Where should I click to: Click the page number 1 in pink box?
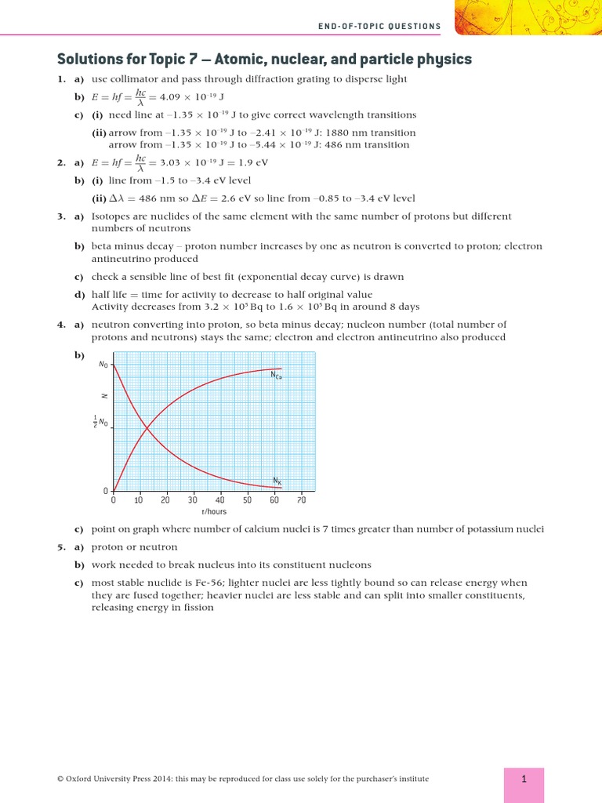tap(524, 779)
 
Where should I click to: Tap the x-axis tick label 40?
tap(220, 500)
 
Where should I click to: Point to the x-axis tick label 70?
tap(301, 500)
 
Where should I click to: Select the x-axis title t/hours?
tap(213, 511)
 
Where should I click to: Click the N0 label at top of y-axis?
tap(103, 365)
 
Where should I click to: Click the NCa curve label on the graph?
tap(276, 376)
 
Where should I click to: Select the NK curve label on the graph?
tap(277, 480)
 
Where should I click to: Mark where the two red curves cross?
tap(147, 427)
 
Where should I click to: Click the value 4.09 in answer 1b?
tap(172, 97)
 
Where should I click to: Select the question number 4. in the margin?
tap(61, 325)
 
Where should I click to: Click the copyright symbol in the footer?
tap(60, 779)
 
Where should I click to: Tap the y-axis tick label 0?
tap(106, 491)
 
